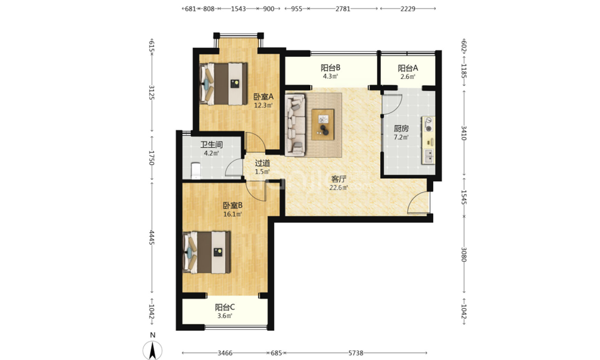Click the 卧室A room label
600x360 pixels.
point(263,97)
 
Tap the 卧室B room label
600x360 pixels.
point(232,205)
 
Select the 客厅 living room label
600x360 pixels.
point(339,179)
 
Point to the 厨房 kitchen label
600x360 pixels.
point(401,129)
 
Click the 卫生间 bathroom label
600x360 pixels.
point(212,145)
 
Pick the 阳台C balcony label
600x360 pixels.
point(225,307)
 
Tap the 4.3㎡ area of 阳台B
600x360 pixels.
point(330,76)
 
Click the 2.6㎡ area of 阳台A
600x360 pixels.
point(407,77)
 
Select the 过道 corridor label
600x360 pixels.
point(263,163)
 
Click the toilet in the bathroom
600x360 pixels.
point(195,171)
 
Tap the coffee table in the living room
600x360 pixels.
point(323,124)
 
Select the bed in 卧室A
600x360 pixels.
point(224,84)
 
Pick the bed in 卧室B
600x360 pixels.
point(207,252)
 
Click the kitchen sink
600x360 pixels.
point(429,156)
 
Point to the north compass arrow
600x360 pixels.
point(152,350)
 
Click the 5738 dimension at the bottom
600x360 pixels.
point(356,353)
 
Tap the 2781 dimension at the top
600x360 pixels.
point(343,8)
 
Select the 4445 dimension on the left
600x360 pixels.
point(152,237)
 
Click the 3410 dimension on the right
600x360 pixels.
point(464,133)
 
